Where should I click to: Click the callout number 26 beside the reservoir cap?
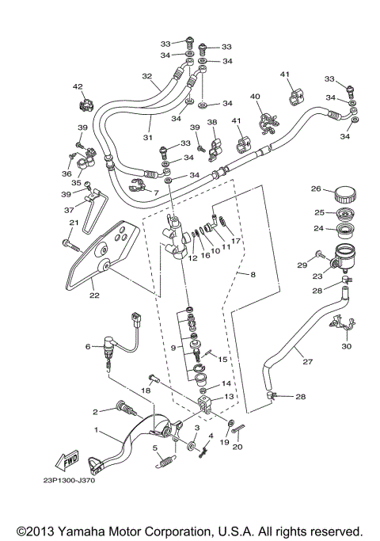click(x=315, y=189)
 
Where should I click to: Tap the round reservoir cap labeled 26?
click(x=346, y=192)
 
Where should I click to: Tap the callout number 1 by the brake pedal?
click(x=97, y=430)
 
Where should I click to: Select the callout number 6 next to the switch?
click(x=88, y=346)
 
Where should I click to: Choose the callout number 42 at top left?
click(x=78, y=86)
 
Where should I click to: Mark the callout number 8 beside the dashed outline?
click(x=253, y=275)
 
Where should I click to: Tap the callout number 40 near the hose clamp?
click(x=255, y=97)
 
